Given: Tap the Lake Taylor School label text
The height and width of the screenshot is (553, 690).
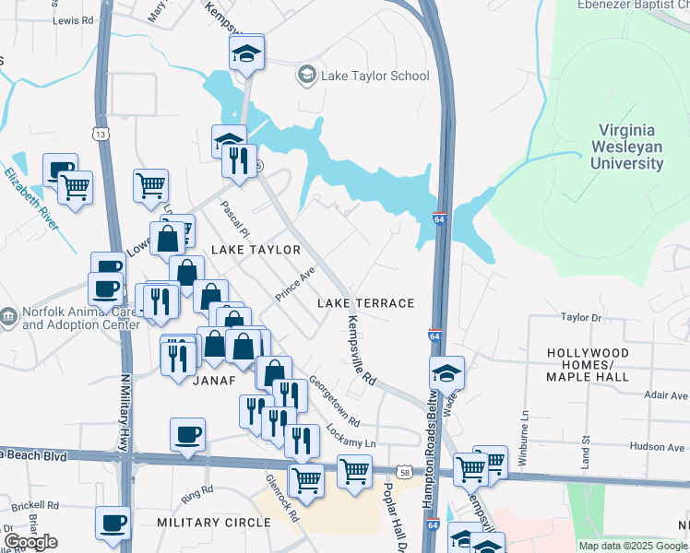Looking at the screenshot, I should tap(375, 76).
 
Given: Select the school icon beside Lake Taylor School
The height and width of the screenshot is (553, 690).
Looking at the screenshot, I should tap(306, 75).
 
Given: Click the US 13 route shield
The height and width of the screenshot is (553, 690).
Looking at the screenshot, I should tap(100, 134).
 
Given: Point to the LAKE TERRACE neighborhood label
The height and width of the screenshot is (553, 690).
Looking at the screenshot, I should tap(365, 303).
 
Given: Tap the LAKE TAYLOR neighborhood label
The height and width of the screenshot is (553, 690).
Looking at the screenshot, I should tap(256, 250).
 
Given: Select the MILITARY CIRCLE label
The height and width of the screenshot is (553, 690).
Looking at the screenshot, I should tap(213, 523).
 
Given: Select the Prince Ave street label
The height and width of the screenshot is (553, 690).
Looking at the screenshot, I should tap(295, 284).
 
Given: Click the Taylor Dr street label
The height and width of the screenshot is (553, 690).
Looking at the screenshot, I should tap(581, 317).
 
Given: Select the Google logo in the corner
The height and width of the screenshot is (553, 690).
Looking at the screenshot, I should tap(30, 542).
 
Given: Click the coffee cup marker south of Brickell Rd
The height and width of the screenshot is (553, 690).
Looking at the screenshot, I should tap(113, 524).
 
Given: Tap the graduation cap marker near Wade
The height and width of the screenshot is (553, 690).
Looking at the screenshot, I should tap(446, 373).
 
